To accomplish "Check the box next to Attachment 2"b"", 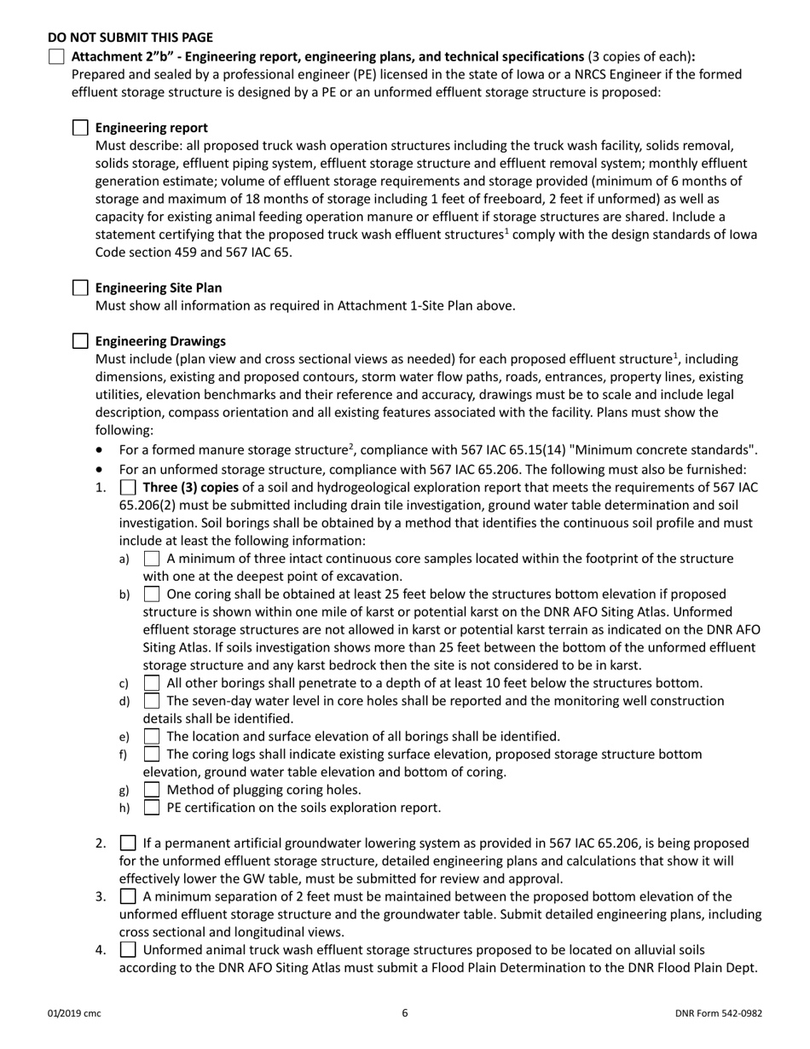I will (x=56, y=56).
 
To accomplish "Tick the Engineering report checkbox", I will (x=80, y=128).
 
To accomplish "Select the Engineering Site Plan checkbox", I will (x=80, y=287).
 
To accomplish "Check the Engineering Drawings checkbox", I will (x=80, y=341).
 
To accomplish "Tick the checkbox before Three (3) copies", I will (x=128, y=488).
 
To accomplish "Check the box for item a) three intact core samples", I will (x=152, y=559).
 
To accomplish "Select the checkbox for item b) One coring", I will (x=152, y=594).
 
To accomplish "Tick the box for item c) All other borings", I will (x=152, y=683).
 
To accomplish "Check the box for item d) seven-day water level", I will (x=152, y=701).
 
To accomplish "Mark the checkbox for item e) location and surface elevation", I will (x=152, y=736).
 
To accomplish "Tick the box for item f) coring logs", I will (x=152, y=754).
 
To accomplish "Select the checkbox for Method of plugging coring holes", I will (x=152, y=790).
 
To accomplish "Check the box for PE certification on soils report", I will (x=152, y=807).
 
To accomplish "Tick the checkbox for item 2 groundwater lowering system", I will (x=128, y=843).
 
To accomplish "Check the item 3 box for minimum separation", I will (x=128, y=896).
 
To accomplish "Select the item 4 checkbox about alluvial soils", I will (x=128, y=950).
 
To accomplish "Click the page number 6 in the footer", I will (x=405, y=1013).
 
